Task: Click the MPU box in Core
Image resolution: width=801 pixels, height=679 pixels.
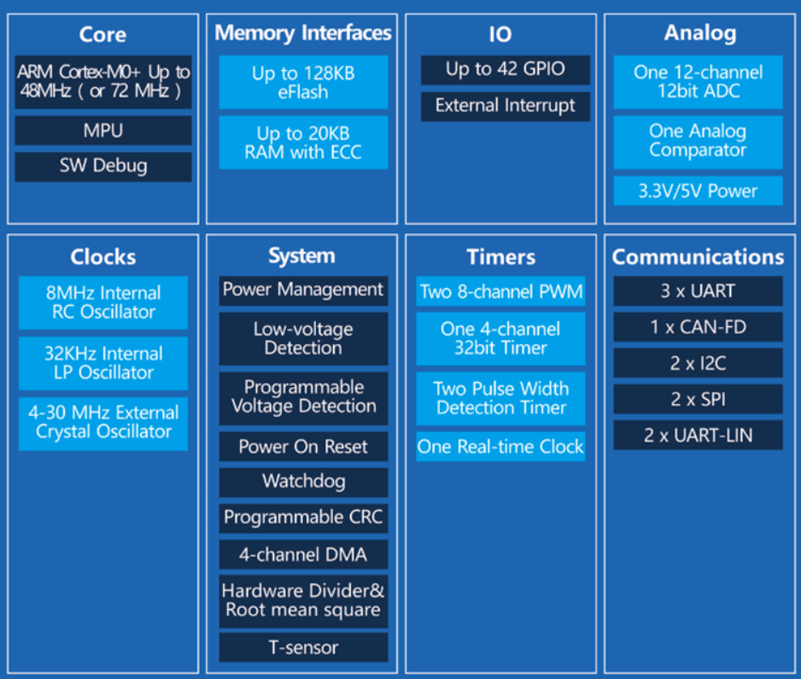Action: [103, 131]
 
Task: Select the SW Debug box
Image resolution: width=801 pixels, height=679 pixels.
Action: [103, 166]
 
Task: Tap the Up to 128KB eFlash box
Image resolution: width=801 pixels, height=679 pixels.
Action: [303, 82]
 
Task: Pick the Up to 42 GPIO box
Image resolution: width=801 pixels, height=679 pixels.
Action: [506, 69]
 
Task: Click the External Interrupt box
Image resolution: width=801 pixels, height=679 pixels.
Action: [506, 106]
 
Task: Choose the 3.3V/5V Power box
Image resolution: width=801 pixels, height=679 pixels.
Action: [698, 190]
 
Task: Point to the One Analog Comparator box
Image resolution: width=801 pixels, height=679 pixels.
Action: [698, 142]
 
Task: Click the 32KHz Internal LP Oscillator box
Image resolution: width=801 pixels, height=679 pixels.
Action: [103, 363]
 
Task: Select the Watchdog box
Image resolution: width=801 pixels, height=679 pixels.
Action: [303, 482]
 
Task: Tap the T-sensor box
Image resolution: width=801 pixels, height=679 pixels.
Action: [303, 647]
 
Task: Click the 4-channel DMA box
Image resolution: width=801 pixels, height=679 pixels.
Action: [303, 554]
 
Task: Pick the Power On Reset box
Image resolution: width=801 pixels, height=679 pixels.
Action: [303, 446]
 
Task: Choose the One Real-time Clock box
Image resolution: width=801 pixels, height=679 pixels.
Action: [500, 447]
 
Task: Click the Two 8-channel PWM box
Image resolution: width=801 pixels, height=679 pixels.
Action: [500, 291]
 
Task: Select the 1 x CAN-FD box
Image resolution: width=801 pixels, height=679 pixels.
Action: [698, 327]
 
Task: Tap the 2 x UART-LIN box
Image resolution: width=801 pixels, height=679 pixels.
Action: [698, 436]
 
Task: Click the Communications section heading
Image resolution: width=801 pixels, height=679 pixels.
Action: [698, 257]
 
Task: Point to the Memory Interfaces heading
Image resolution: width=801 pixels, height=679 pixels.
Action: [303, 33]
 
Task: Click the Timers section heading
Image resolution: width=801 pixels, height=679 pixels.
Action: [501, 257]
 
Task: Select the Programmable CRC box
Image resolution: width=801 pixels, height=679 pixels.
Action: [303, 518]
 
